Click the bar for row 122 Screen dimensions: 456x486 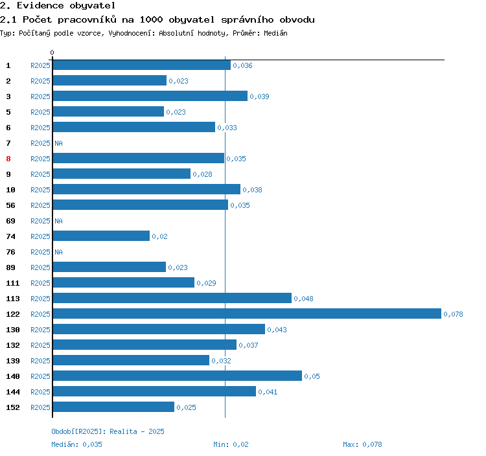(247, 314)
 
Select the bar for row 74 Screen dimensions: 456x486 (101, 236)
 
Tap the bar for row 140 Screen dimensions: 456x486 (177, 376)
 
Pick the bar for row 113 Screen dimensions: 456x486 (172, 299)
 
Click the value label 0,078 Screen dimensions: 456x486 (453, 314)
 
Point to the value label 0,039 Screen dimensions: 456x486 (259, 97)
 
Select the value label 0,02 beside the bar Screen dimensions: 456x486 (159, 236)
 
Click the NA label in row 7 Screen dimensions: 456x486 (58, 143)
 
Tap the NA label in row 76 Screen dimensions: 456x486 (58, 252)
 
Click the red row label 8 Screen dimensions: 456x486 (8, 159)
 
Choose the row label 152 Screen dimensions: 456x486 (12, 407)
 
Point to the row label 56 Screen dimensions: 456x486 (10, 205)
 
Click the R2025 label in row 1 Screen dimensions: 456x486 (40, 65)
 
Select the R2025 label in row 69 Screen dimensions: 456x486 (40, 221)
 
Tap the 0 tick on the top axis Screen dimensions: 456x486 (52, 52)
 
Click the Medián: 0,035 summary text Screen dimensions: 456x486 (76, 444)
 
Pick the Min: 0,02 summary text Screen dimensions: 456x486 (231, 444)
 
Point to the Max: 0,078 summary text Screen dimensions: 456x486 (362, 444)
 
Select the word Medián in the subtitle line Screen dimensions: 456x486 (276, 32)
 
